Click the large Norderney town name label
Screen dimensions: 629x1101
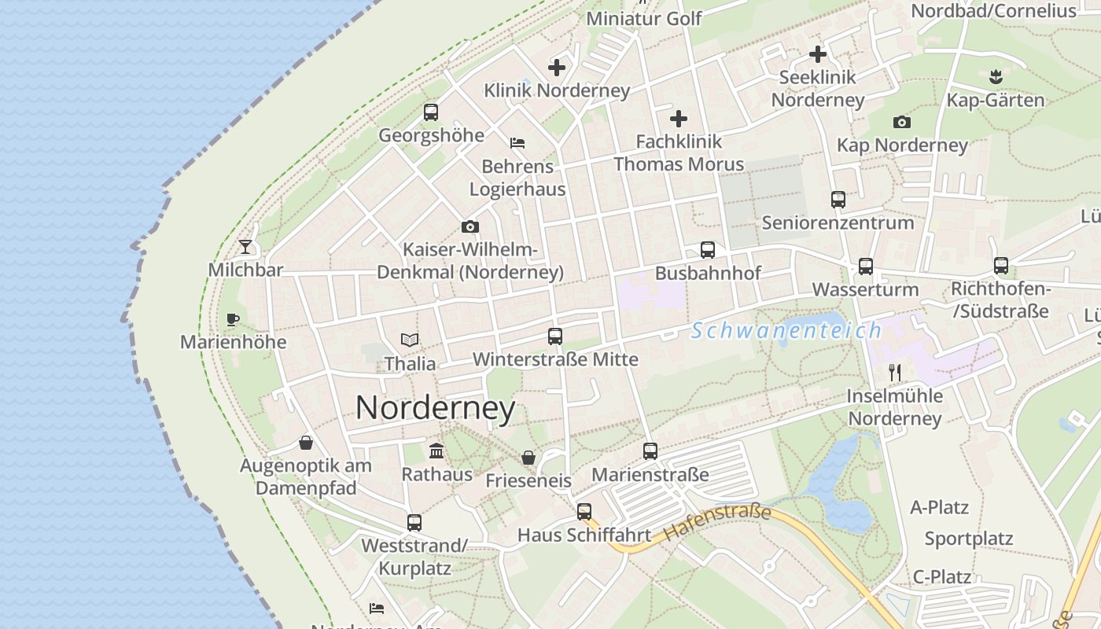point(435,408)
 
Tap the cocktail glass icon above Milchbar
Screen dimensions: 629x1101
point(245,247)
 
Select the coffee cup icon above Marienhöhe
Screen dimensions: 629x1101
point(232,319)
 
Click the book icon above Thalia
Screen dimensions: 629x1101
point(410,340)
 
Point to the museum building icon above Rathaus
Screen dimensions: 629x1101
point(436,451)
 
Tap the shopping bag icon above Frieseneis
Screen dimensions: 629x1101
point(528,457)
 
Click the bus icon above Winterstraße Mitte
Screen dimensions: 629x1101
point(555,337)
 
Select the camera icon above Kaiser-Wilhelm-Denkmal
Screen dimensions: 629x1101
point(470,226)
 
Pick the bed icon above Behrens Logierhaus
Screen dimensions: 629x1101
point(517,143)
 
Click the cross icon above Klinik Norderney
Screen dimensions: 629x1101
point(557,67)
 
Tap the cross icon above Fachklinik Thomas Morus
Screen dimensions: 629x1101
point(679,119)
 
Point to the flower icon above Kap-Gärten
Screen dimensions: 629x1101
point(996,77)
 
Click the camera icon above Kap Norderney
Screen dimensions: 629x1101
point(902,122)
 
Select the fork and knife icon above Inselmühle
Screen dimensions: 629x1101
point(894,372)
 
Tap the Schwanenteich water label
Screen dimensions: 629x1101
point(786,330)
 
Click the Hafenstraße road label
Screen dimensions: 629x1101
point(716,522)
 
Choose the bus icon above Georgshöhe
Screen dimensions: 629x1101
point(431,112)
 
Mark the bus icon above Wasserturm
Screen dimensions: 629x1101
point(866,267)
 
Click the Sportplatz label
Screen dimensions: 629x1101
point(969,539)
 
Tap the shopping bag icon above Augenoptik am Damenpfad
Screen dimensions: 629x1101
point(306,443)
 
